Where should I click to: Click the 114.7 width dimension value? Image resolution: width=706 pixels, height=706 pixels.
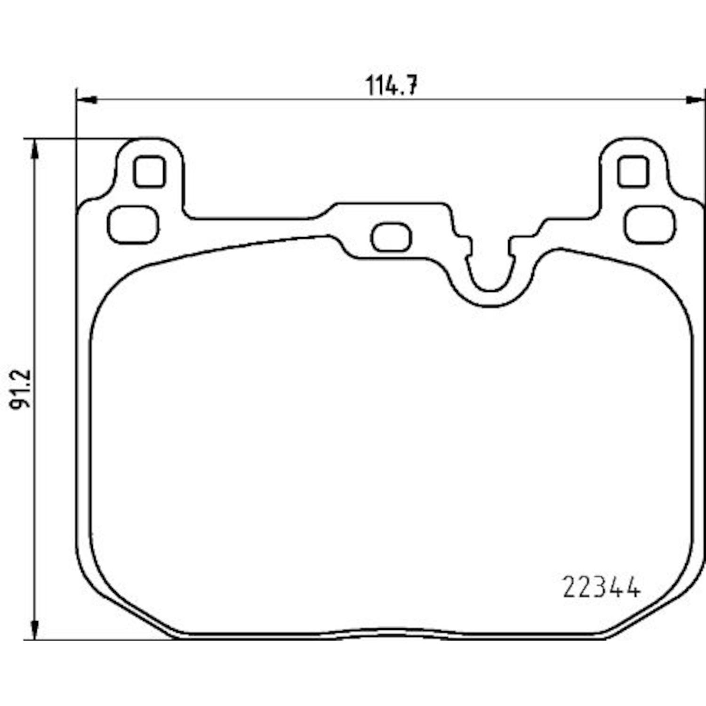[x=392, y=85]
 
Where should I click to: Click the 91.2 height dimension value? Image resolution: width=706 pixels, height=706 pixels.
[x=21, y=389]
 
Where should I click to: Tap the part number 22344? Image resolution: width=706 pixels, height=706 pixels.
[x=602, y=588]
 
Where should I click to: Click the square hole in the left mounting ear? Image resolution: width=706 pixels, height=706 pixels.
[x=150, y=172]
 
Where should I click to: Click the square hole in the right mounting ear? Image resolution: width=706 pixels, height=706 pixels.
[x=633, y=172]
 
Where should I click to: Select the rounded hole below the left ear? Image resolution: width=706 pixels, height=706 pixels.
[x=133, y=225]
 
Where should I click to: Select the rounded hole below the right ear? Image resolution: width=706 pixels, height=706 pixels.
[x=650, y=225]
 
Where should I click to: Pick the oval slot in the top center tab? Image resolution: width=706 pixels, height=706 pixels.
[x=391, y=237]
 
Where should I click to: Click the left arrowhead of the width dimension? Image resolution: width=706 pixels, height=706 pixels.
[x=87, y=100]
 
